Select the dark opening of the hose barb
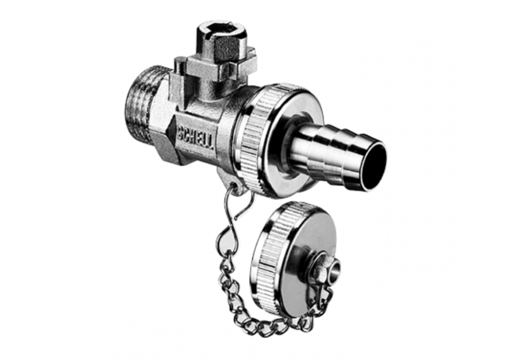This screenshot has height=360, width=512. (x=374, y=166)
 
